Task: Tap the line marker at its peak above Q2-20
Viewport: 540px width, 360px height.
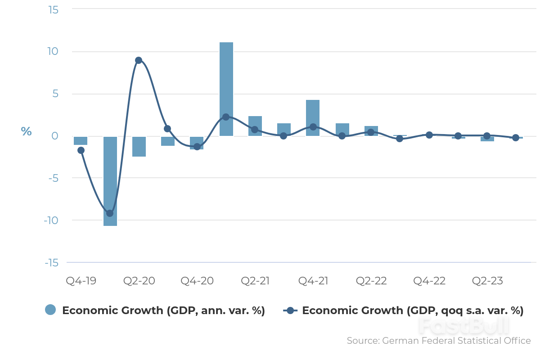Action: coord(139,60)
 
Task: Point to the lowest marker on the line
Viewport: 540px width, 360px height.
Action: coord(110,213)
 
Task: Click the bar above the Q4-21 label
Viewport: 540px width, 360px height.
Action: coord(313,118)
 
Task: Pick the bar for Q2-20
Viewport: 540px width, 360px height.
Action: coord(139,147)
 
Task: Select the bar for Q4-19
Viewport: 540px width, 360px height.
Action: coord(81,141)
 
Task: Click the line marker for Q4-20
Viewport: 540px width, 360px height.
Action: coord(197,146)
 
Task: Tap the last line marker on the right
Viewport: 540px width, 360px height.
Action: coord(516,138)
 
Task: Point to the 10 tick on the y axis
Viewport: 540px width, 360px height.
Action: coord(53,51)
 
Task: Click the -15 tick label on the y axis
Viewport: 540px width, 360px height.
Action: coord(51,263)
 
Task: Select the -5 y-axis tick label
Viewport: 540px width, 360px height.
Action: coord(53,178)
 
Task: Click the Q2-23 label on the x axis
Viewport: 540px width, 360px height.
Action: coord(487,281)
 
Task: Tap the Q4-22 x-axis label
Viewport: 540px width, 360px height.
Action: coord(429,281)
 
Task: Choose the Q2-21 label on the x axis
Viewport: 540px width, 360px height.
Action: coord(255,281)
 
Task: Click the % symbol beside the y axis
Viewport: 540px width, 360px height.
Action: coord(26,132)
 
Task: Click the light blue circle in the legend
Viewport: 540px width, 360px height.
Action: coord(50,310)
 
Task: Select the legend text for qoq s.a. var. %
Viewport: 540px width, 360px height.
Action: coord(412,310)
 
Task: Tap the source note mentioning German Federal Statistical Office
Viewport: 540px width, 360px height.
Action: coord(439,341)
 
